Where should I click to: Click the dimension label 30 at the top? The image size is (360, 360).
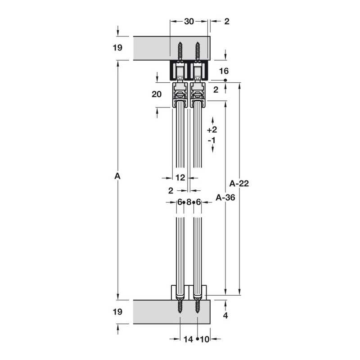click(x=189, y=21)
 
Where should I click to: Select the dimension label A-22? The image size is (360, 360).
click(x=239, y=184)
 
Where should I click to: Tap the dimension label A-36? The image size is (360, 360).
click(x=225, y=198)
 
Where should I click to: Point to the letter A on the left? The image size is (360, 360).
click(x=117, y=176)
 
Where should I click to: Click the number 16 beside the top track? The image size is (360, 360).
click(x=224, y=71)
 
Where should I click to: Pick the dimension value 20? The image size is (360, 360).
click(x=157, y=94)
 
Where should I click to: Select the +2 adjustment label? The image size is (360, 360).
click(x=212, y=130)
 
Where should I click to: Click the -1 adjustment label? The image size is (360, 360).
click(x=211, y=140)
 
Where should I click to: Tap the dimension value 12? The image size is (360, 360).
click(x=180, y=177)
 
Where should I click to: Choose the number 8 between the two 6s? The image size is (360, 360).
click(x=189, y=202)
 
